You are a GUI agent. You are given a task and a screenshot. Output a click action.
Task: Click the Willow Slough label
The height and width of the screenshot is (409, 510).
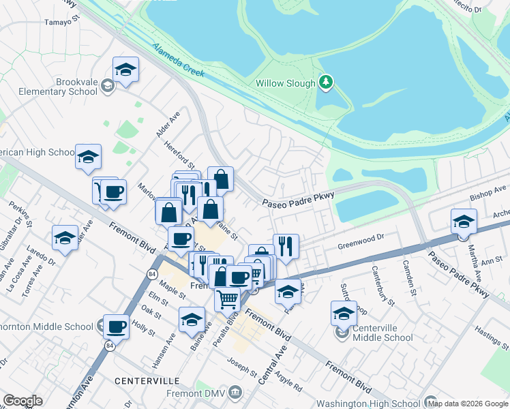tap(286, 84)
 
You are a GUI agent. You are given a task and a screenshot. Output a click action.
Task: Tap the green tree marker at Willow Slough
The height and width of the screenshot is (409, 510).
tap(326, 82)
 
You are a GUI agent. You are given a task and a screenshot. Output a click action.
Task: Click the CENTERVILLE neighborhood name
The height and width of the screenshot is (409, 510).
tap(147, 380)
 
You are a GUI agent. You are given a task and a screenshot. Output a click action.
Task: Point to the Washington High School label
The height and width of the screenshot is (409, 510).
tap(367, 404)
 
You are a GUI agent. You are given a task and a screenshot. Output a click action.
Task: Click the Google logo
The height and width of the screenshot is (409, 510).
tap(22, 401)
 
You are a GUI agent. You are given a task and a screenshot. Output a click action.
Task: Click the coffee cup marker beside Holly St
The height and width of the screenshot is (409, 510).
tap(116, 327)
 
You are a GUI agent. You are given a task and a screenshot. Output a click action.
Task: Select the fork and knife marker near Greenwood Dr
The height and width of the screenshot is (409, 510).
tap(286, 246)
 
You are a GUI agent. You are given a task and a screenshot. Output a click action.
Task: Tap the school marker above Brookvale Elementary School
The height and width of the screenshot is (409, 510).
tap(125, 70)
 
